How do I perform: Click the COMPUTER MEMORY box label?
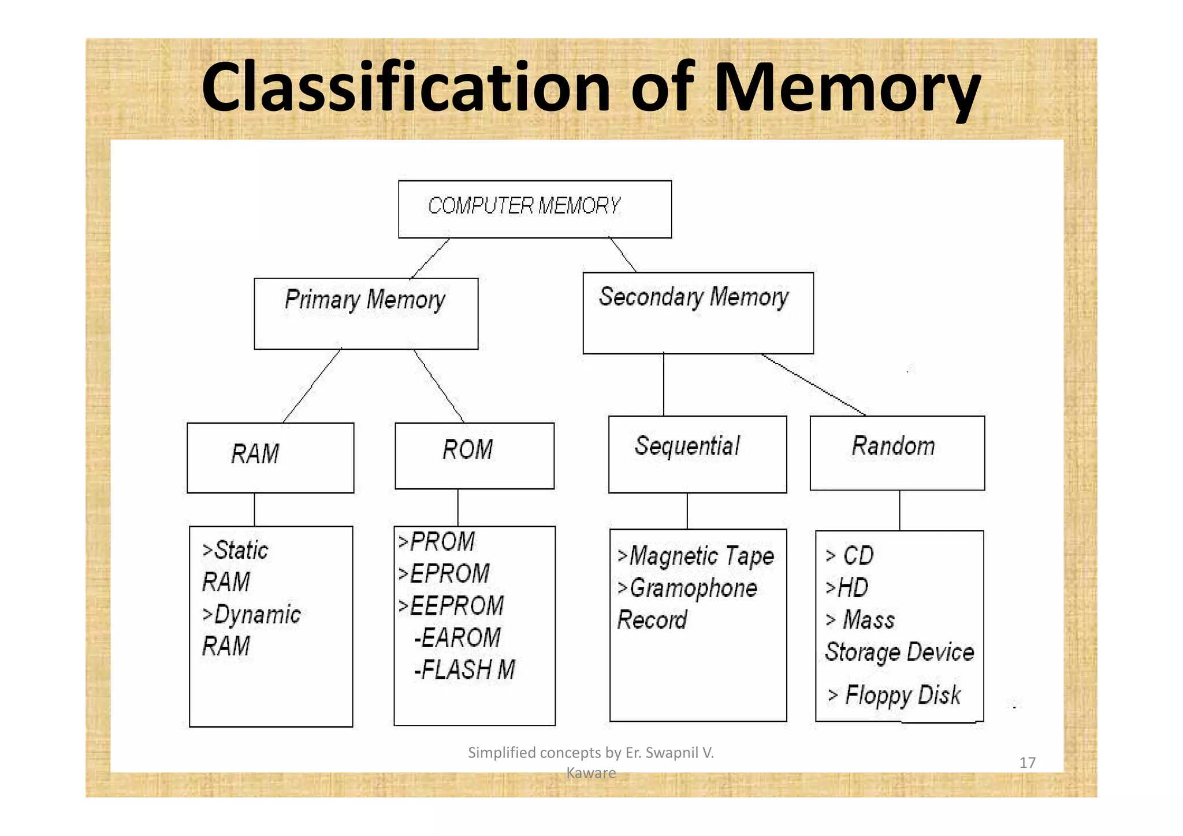tap(524, 206)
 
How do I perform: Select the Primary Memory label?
tap(364, 300)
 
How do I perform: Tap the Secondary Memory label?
tap(693, 297)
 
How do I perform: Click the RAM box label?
tap(255, 454)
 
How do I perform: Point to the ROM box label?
tap(467, 449)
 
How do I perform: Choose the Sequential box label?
tap(687, 446)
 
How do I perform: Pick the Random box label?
tap(893, 446)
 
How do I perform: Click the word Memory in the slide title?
tap(847, 88)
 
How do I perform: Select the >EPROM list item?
tap(444, 574)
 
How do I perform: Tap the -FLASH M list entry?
tap(464, 670)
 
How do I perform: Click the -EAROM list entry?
tap(457, 638)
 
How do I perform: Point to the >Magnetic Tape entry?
tap(695, 556)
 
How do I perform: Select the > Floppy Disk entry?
tap(894, 695)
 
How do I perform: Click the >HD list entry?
tap(847, 588)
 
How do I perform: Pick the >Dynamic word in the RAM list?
tap(251, 614)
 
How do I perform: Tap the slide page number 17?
tap(1027, 763)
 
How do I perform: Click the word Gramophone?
tap(693, 588)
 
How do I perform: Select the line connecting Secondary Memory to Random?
tap(813, 384)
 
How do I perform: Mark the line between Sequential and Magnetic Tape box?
tap(687, 511)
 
